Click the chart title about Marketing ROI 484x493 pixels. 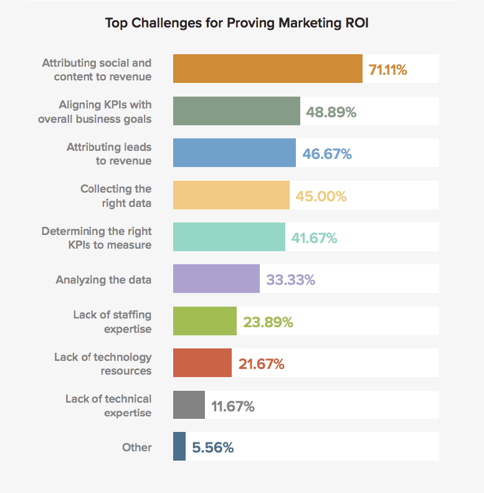click(x=242, y=23)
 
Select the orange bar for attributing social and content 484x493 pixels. click(x=268, y=69)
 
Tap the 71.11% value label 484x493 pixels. click(x=388, y=70)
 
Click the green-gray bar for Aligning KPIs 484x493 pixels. click(x=237, y=112)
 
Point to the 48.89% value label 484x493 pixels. click(x=331, y=112)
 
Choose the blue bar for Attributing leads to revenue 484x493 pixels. click(x=234, y=153)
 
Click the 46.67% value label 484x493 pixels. click(x=327, y=154)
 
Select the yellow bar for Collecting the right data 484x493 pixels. click(x=231, y=195)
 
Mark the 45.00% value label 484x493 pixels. click(x=321, y=196)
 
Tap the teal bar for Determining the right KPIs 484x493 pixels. click(x=229, y=237)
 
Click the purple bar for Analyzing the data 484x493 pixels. click(x=216, y=279)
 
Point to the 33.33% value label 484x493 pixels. click(x=290, y=280)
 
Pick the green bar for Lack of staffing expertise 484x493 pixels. click(x=205, y=322)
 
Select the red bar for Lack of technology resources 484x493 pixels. click(x=202, y=363)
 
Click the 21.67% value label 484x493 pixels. click(x=261, y=364)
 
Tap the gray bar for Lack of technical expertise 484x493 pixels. click(x=189, y=405)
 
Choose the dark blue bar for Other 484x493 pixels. click(x=179, y=447)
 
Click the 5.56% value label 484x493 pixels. click(x=213, y=448)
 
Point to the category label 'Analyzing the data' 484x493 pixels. click(x=103, y=280)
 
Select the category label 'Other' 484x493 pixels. click(x=137, y=448)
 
